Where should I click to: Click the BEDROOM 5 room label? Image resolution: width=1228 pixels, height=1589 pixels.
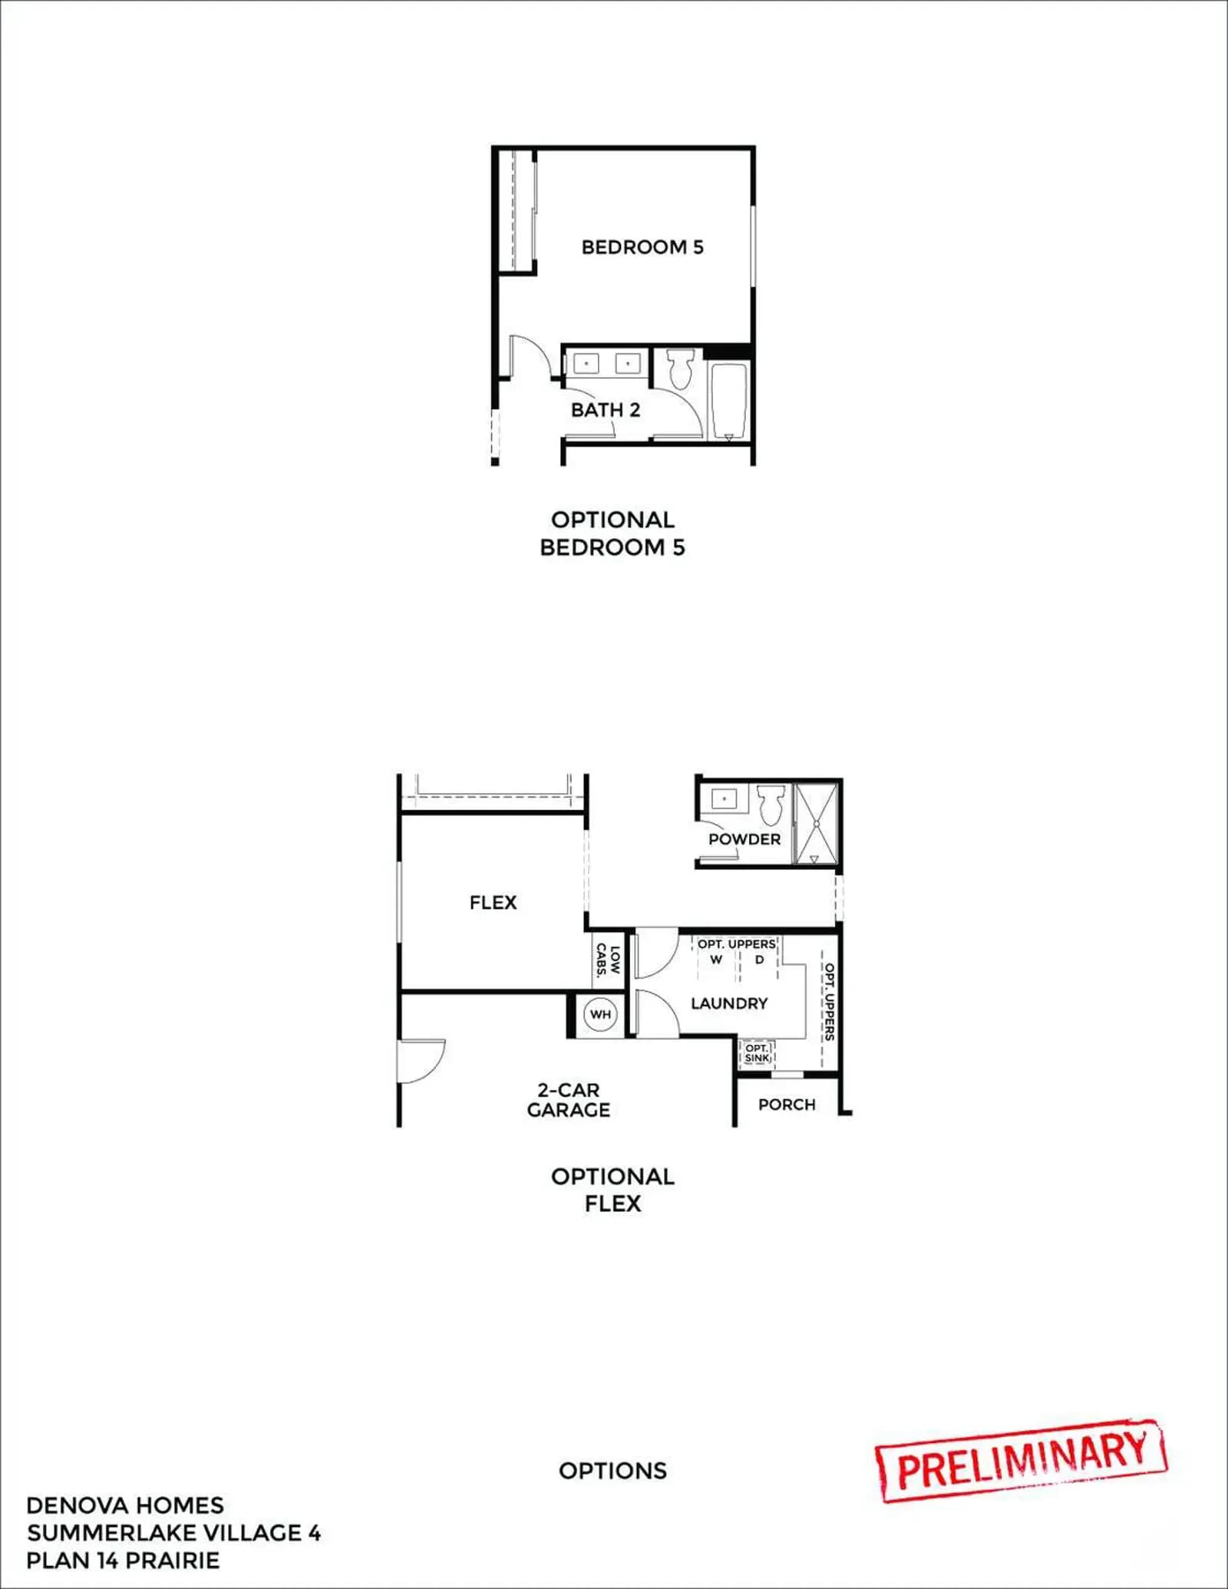642,247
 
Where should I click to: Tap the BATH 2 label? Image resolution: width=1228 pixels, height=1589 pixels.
606,410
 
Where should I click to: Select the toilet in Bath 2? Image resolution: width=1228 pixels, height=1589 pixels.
681,368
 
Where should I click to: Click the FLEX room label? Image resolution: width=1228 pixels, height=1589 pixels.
494,903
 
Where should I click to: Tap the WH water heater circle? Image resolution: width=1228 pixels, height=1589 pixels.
600,1014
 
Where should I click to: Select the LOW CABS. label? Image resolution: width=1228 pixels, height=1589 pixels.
608,960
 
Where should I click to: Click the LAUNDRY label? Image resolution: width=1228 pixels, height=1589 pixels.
729,1003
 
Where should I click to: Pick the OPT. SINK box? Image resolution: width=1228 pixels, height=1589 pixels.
757,1052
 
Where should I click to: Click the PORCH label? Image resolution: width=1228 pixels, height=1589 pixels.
787,1105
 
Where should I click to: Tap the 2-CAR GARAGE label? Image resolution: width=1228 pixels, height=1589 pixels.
568,1100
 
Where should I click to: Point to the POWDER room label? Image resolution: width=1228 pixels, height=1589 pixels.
744,839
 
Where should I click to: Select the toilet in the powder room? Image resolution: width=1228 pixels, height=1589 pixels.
771,804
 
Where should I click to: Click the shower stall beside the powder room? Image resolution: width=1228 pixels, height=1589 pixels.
816,823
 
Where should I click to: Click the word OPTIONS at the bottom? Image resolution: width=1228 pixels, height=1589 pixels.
613,1471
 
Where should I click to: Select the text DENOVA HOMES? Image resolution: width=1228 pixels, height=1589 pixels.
125,1505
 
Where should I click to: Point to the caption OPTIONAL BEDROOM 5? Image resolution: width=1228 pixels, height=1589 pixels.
612,534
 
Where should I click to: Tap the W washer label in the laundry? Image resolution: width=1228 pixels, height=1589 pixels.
716,960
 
